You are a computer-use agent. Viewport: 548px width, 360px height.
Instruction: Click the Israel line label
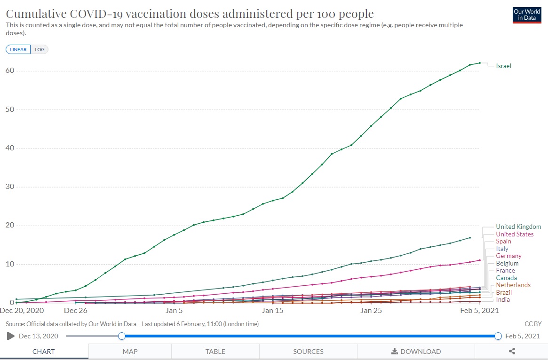503,66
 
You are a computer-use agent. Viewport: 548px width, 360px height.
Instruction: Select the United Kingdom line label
518,227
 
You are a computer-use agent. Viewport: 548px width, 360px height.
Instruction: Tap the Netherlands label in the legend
513,285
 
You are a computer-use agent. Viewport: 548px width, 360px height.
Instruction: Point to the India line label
503,300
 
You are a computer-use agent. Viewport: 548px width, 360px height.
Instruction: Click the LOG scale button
40,49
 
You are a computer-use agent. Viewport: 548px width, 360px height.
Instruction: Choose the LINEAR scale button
18,49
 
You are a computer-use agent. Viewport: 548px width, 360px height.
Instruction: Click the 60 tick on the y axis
10,71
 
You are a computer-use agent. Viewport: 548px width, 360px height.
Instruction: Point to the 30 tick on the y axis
10,187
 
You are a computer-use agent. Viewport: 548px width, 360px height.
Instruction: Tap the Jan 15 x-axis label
272,311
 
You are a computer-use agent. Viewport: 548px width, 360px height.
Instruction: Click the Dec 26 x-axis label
75,311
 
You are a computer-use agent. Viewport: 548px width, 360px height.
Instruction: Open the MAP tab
130,352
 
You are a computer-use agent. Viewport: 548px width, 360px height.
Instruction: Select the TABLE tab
215,352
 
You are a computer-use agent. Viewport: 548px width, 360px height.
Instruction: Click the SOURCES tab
308,352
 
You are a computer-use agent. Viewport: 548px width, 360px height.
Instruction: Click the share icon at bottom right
512,351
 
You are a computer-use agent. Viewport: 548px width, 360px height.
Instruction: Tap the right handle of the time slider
498,336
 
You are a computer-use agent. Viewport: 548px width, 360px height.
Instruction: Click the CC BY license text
533,324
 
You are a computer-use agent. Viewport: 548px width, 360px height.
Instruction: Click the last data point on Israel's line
479,63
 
